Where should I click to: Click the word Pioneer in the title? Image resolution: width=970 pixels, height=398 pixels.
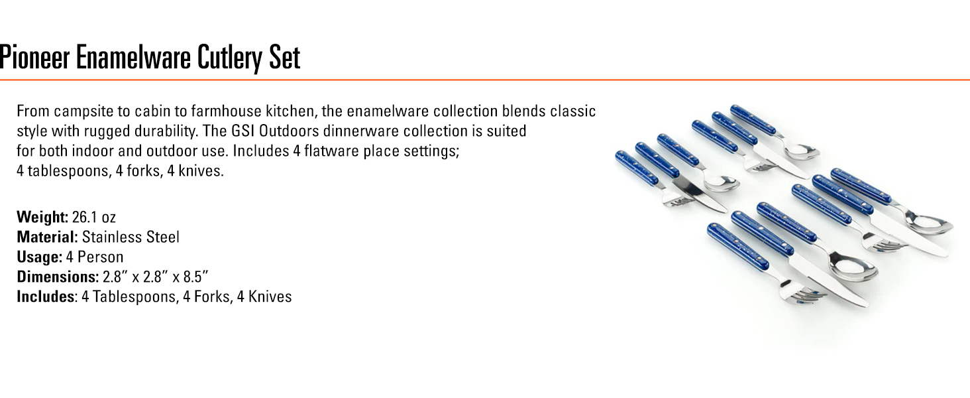pyautogui.click(x=34, y=57)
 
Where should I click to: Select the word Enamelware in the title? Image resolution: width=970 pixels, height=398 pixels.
pyautogui.click(x=133, y=57)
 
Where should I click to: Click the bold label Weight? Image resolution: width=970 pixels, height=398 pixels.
pyautogui.click(x=42, y=217)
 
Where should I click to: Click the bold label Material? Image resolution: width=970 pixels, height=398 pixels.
pyautogui.click(x=47, y=237)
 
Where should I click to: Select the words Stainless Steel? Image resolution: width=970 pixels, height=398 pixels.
pyautogui.click(x=131, y=237)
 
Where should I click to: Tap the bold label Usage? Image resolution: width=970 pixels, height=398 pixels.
pyautogui.click(x=39, y=257)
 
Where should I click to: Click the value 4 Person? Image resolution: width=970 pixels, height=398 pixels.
pyautogui.click(x=94, y=257)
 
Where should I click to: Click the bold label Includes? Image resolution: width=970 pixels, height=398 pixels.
pyautogui.click(x=46, y=297)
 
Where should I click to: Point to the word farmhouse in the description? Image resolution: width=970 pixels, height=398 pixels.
pyautogui.click(x=227, y=111)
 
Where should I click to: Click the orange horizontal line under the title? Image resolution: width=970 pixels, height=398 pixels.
pyautogui.click(x=485, y=80)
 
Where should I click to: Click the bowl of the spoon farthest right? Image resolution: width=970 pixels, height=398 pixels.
pyautogui.click(x=930, y=225)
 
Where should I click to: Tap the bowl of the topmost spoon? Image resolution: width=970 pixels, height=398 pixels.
pyautogui.click(x=802, y=151)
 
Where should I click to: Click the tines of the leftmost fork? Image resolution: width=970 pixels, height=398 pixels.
pyautogui.click(x=676, y=199)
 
